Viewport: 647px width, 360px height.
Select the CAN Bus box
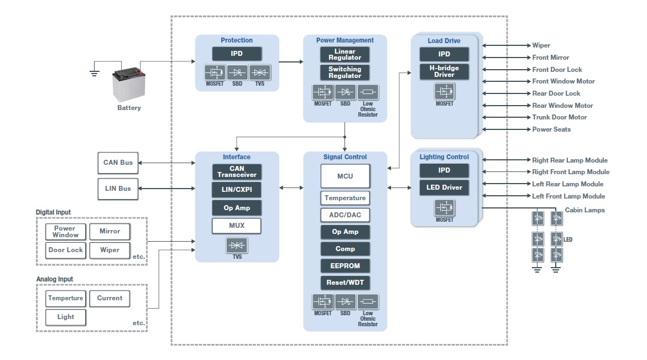tap(118, 163)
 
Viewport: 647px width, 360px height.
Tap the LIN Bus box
tap(118, 189)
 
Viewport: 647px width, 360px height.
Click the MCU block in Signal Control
tap(345, 176)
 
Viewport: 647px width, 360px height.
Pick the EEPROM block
tap(345, 266)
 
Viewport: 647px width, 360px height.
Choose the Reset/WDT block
tap(345, 283)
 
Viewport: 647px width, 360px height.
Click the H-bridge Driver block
tap(444, 71)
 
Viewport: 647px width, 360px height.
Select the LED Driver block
tap(444, 187)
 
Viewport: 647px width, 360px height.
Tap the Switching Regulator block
tap(345, 72)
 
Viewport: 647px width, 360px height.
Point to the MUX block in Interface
tap(237, 226)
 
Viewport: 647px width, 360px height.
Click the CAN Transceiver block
tap(237, 171)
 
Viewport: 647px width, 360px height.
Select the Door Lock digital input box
tap(66, 250)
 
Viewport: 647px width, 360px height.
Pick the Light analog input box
tap(66, 317)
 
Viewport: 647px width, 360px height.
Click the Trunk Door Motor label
tap(559, 117)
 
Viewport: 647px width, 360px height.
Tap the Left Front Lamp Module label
tap(568, 196)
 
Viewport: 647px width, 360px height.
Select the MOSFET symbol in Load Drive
tap(444, 91)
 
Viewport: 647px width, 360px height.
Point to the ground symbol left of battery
tap(95, 71)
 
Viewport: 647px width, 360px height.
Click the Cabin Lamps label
tap(585, 210)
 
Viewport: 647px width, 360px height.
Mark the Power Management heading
tap(345, 40)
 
